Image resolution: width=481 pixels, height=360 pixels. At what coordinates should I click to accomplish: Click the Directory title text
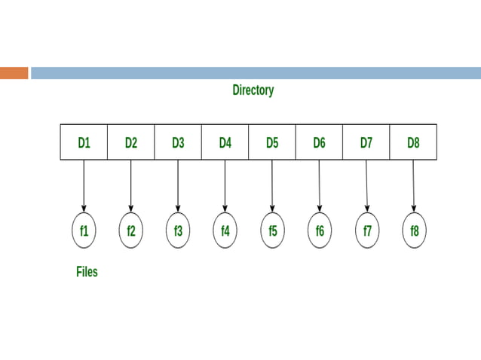[x=253, y=90]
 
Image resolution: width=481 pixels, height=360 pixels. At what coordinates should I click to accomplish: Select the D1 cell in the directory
[x=84, y=142]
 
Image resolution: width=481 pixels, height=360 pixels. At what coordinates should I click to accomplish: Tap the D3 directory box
[x=178, y=142]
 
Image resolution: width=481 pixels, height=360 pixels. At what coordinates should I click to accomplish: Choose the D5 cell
[x=272, y=142]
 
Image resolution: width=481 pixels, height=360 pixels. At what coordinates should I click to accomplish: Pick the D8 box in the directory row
[x=413, y=142]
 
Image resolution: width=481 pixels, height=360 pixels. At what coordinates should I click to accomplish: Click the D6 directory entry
[x=319, y=142]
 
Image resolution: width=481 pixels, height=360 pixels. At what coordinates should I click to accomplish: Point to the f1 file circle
[x=84, y=231]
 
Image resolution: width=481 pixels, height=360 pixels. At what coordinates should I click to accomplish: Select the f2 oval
[x=131, y=231]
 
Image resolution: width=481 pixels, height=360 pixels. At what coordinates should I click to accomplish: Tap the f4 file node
[x=225, y=231]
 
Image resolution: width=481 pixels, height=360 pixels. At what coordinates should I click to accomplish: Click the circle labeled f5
[x=272, y=231]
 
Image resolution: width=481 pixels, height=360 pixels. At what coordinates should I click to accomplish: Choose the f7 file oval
[x=367, y=231]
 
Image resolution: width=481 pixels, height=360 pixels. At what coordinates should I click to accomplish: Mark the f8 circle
[x=414, y=231]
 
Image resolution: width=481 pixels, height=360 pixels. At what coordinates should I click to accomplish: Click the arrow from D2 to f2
[x=131, y=185]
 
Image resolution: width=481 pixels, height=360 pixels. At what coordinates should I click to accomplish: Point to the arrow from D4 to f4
[x=225, y=185]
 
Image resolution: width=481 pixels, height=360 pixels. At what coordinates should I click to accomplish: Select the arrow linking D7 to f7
[x=366, y=185]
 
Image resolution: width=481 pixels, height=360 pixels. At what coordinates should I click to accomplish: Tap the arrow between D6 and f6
[x=319, y=185]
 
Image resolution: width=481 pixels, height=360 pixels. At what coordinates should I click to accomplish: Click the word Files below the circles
[x=87, y=272]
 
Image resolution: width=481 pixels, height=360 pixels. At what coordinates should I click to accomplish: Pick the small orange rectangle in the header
[x=14, y=73]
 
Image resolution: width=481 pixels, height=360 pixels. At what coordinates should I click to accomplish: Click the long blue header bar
[x=256, y=73]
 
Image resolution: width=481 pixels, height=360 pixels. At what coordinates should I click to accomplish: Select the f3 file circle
[x=178, y=231]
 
